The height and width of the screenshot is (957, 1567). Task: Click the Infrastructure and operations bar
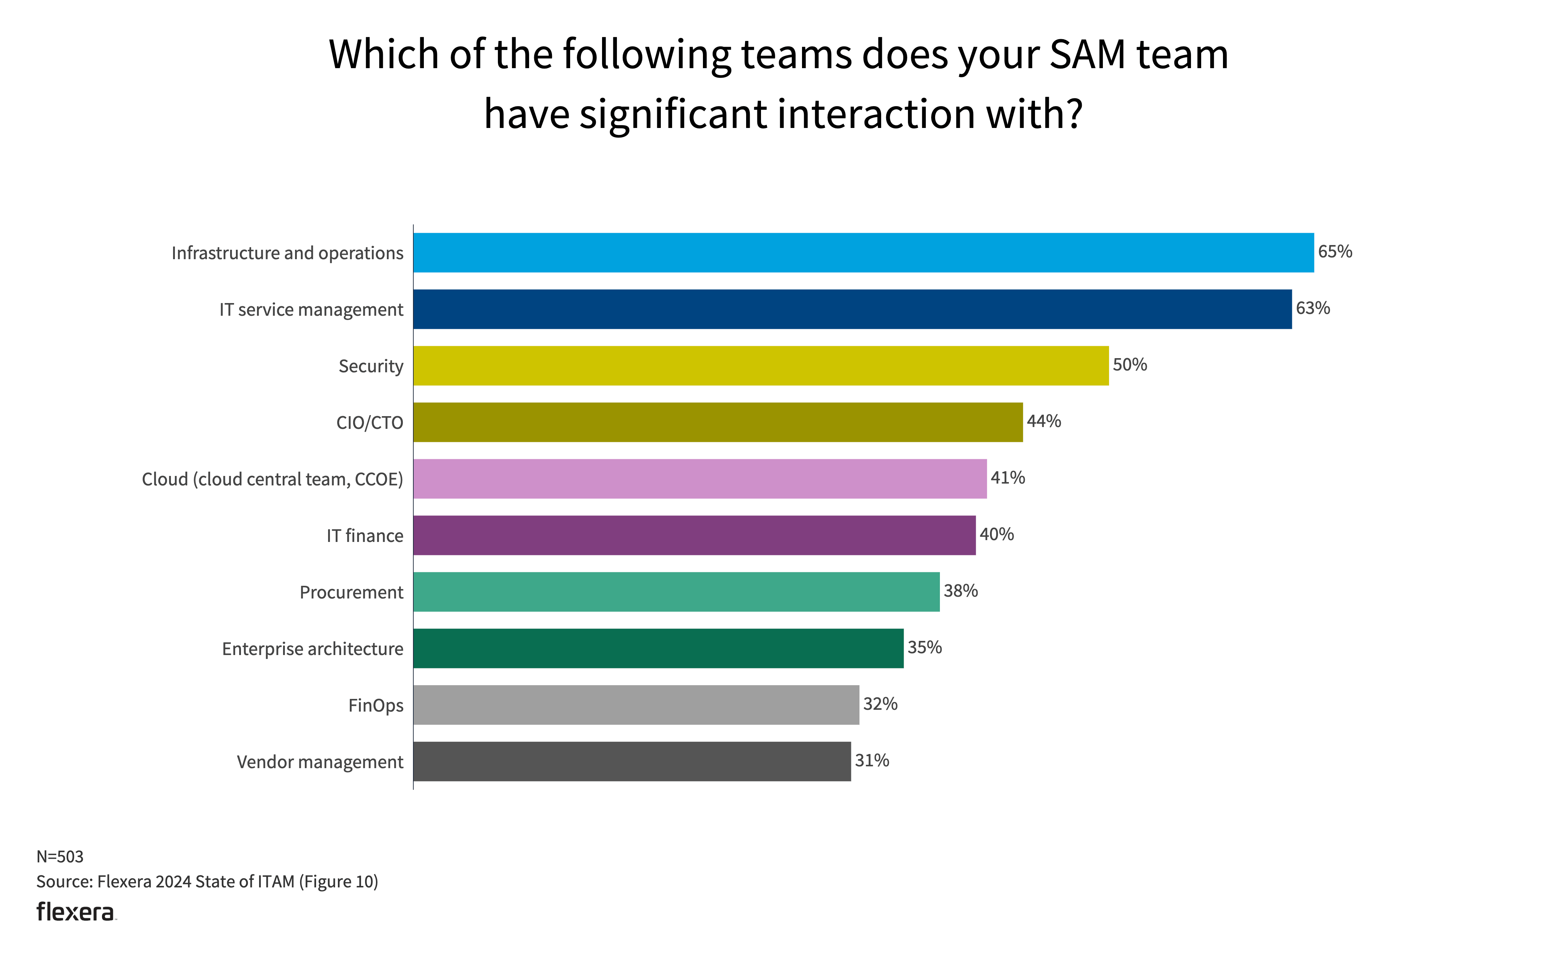pyautogui.click(x=863, y=253)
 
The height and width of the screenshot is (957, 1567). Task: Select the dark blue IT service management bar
pyautogui.click(x=852, y=310)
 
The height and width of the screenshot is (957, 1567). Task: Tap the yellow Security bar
pyautogui.click(x=761, y=366)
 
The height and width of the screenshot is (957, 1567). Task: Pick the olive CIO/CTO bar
pyautogui.click(x=718, y=423)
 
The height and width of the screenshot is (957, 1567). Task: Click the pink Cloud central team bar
pyautogui.click(x=700, y=479)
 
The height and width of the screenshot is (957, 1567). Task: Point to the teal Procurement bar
pyautogui.click(x=676, y=592)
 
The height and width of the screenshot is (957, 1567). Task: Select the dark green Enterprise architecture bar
pyautogui.click(x=658, y=649)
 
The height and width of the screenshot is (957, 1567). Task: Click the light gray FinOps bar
pyautogui.click(x=636, y=705)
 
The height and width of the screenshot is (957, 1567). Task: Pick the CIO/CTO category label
pyautogui.click(x=369, y=423)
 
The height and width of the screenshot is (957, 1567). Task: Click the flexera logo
pyautogui.click(x=76, y=912)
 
